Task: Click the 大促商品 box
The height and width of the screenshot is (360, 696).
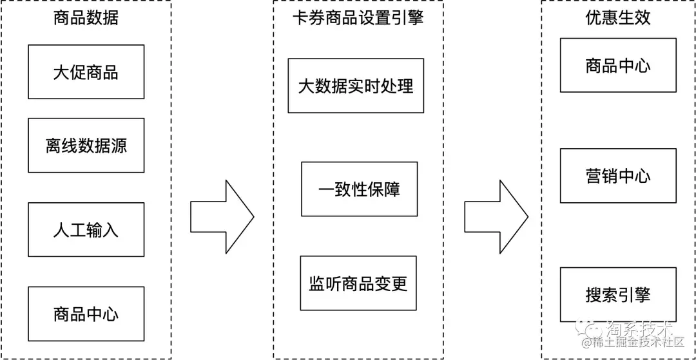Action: click(86, 72)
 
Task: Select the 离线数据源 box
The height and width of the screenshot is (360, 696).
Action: click(86, 146)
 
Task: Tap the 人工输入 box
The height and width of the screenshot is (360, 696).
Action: click(86, 230)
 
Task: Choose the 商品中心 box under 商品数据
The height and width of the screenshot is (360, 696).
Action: click(86, 314)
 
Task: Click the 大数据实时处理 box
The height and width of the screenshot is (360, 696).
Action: click(356, 86)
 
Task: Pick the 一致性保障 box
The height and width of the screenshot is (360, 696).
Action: click(359, 189)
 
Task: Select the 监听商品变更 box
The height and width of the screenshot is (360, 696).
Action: click(358, 283)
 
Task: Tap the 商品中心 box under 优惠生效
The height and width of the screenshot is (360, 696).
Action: click(618, 65)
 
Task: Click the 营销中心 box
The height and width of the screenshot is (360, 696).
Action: click(618, 176)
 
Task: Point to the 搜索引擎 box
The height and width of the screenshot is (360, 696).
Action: click(618, 294)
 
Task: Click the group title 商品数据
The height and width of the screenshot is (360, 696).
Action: click(86, 18)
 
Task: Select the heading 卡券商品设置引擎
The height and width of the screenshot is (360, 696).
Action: click(358, 18)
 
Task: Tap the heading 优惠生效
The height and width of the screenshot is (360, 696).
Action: click(618, 18)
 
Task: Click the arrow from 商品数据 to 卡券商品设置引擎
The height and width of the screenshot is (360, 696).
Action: click(222, 217)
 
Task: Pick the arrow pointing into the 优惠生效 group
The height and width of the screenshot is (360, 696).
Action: click(496, 217)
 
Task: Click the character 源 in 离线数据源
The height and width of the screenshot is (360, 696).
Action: click(119, 146)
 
